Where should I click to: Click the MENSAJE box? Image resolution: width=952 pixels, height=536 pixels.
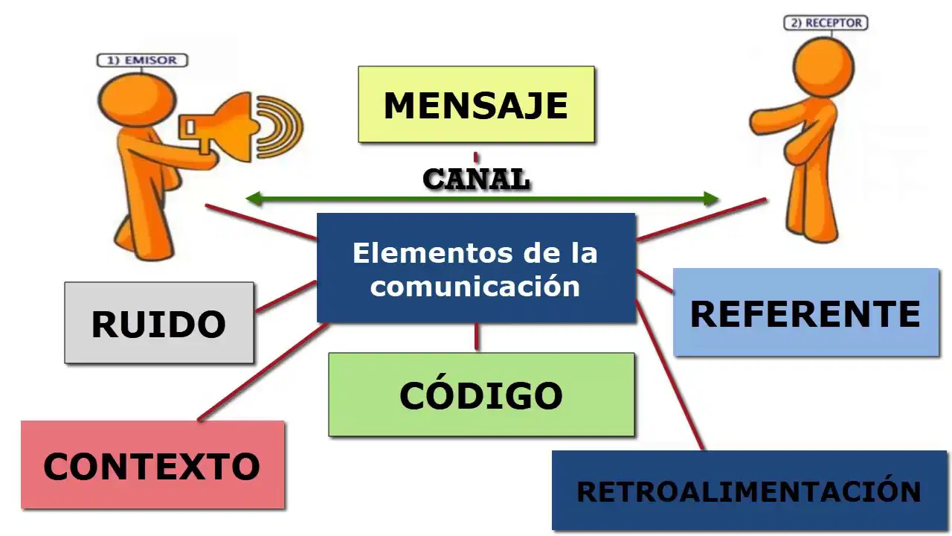476,104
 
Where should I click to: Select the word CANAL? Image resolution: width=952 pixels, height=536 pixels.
477,179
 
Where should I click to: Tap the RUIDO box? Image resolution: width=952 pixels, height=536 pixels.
159,323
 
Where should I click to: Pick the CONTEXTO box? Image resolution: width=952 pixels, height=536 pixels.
152,465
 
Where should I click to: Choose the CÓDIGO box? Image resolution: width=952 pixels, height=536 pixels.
481,395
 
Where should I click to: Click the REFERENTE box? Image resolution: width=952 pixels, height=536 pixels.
805,312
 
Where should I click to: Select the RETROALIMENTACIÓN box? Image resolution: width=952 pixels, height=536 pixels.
749,491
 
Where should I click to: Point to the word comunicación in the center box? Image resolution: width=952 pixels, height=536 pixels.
475,287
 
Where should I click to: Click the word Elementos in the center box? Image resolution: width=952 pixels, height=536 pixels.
434,253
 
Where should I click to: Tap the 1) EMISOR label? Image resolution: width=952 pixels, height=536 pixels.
142,60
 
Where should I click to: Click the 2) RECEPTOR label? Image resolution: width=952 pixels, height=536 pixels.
826,22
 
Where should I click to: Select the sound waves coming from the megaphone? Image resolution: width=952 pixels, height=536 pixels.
280,127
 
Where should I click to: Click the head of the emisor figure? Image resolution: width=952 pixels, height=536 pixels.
138,100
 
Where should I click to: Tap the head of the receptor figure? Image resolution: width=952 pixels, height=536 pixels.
823,67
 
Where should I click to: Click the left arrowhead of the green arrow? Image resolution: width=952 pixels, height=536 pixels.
254,199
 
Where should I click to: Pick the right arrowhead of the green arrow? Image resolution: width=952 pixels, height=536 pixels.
711,199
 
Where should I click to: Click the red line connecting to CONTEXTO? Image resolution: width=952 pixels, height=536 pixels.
263,372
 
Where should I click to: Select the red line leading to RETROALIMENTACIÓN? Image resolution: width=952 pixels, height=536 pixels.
669,374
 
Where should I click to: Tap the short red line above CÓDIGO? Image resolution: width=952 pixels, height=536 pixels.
477,337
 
